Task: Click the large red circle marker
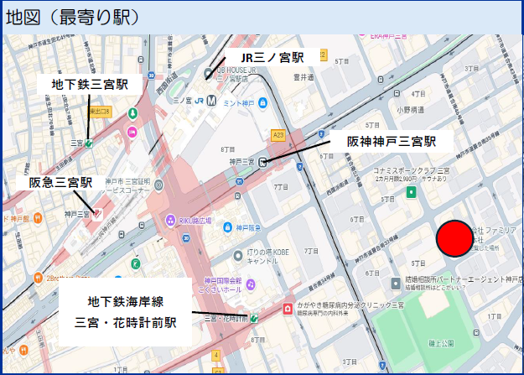(455, 239)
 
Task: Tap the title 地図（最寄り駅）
(72, 18)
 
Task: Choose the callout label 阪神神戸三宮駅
(392, 141)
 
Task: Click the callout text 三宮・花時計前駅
(125, 322)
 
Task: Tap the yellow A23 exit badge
(278, 134)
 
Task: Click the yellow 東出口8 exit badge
(101, 112)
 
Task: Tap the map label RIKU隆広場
(200, 221)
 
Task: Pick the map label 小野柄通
(410, 110)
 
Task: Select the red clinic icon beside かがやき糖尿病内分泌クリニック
(288, 307)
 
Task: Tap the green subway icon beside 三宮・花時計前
(253, 318)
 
